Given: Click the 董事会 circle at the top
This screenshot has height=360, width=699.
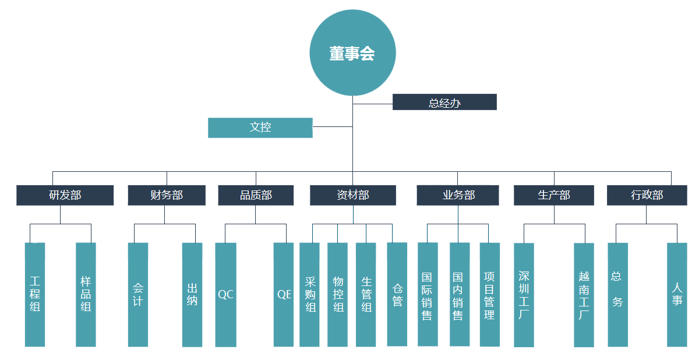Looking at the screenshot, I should click(352, 53).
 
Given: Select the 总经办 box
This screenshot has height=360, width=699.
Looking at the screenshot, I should click(444, 103).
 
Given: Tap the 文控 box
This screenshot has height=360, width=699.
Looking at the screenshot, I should click(260, 128).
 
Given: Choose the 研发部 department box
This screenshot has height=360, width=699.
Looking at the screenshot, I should click(65, 195).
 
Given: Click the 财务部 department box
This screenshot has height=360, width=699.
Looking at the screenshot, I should click(167, 195).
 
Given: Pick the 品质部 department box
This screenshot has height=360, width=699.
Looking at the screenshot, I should click(256, 195).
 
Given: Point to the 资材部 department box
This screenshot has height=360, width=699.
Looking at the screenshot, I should click(352, 195).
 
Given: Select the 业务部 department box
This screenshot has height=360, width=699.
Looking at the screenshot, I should click(458, 195).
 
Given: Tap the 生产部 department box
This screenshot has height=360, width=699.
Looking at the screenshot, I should click(554, 195).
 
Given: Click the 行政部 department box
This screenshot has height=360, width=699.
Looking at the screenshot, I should click(647, 195).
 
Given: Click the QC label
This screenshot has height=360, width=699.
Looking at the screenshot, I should click(225, 295).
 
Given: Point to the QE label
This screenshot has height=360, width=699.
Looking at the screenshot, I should click(284, 295).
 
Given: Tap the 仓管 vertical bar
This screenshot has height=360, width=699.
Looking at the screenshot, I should click(397, 295).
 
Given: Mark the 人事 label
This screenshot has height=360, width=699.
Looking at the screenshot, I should click(677, 294).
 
